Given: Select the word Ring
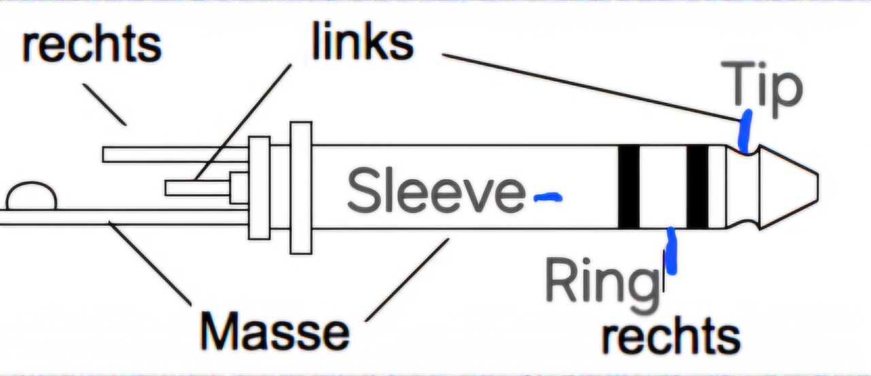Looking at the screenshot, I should [x=602, y=281].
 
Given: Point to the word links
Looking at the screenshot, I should [x=362, y=42].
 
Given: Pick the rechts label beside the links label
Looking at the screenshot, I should [x=92, y=45].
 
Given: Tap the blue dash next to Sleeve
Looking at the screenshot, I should [x=548, y=198].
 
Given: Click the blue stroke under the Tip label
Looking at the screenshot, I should [x=745, y=132].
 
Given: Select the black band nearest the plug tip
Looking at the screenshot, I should [x=697, y=187].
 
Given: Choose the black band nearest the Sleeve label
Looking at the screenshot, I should [x=628, y=187].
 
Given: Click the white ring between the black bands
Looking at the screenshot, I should [x=663, y=187].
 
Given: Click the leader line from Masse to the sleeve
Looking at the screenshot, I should [x=407, y=279].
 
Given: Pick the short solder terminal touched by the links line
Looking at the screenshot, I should [x=197, y=187].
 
